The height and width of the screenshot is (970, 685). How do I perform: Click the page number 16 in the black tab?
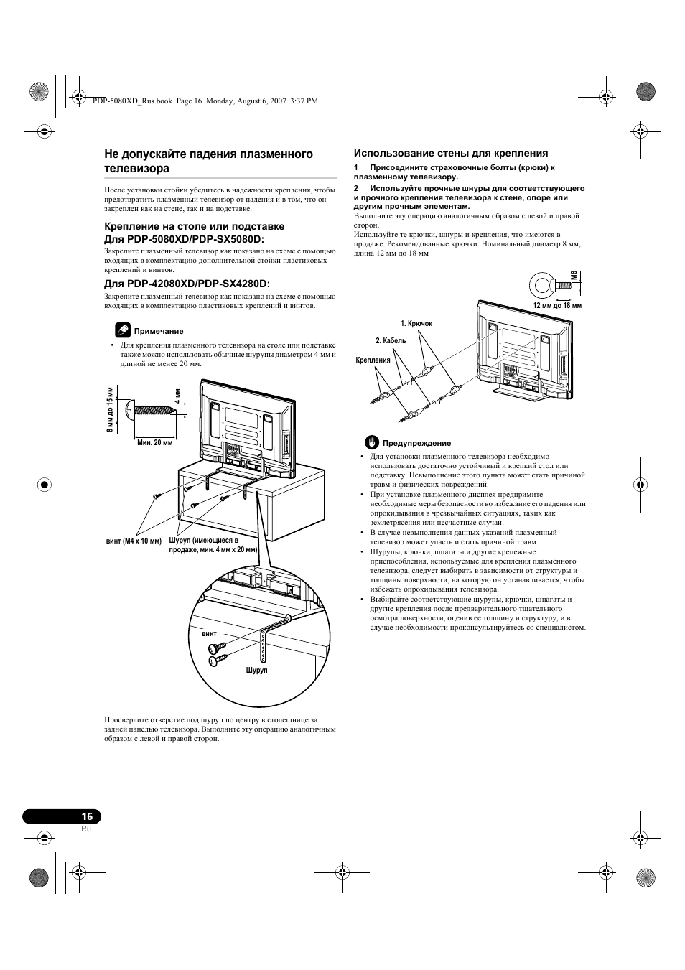(87, 816)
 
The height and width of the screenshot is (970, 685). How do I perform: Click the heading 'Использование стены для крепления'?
(450, 153)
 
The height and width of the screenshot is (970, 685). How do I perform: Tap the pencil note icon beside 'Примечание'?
(123, 330)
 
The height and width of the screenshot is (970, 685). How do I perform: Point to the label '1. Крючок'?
(416, 324)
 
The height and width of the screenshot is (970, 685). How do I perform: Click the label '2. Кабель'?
(391, 341)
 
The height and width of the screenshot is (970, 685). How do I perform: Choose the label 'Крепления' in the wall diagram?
(373, 360)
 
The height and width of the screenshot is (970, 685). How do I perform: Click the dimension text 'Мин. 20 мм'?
(155, 443)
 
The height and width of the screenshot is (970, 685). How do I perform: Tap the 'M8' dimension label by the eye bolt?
(574, 276)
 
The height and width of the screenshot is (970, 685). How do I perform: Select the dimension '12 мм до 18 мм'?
(556, 305)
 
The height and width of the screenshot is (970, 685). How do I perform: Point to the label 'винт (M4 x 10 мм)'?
(134, 541)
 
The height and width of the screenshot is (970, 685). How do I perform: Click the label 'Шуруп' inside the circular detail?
(256, 670)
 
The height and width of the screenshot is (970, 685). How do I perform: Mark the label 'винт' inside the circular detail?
(209, 635)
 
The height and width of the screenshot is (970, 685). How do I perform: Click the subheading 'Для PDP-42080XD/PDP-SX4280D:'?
(187, 284)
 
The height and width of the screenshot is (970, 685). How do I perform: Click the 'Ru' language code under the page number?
(86, 829)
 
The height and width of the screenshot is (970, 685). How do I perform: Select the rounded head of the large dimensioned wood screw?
(130, 411)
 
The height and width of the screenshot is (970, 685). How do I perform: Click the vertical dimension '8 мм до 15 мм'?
(110, 410)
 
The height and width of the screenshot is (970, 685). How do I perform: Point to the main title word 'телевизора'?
(136, 169)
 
